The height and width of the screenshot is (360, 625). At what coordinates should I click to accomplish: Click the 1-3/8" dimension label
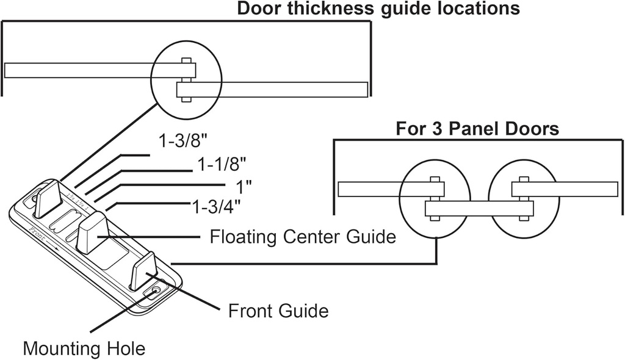[183, 142]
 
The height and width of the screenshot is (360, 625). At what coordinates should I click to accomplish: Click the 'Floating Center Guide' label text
[303, 236]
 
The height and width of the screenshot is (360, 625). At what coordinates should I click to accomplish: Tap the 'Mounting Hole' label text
[84, 348]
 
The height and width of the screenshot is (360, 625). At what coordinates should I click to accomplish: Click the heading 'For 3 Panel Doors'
[477, 129]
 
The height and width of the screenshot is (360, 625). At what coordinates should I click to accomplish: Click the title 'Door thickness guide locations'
[378, 9]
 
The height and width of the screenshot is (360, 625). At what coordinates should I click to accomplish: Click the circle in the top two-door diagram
[187, 79]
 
